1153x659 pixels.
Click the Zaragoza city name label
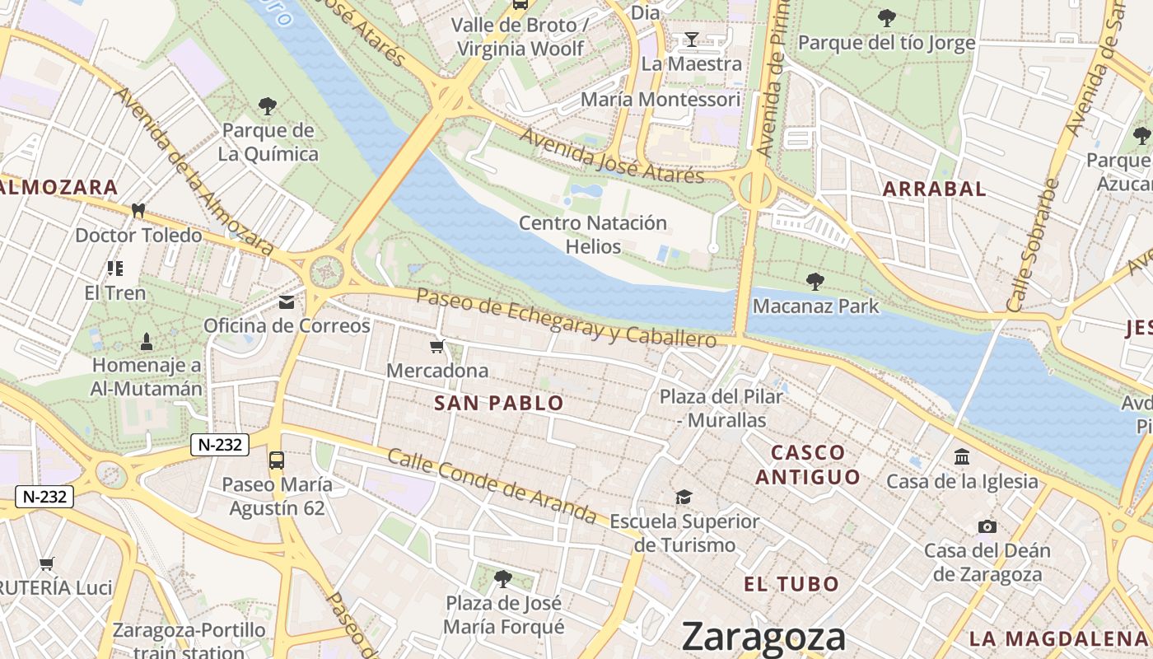[763, 637]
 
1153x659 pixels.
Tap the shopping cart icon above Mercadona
[437, 347]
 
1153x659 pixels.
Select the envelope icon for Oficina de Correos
[287, 302]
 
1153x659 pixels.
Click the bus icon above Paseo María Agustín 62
[277, 460]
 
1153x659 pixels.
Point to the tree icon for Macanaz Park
[815, 282]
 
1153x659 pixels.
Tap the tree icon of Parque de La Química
[268, 105]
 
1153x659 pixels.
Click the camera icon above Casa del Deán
[987, 526]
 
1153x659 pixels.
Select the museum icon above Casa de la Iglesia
[962, 456]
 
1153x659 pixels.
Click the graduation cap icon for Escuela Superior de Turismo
[684, 497]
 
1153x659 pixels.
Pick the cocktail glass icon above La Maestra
[691, 39]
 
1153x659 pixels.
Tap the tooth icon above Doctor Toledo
[138, 211]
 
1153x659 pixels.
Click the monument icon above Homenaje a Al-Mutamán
[147, 340]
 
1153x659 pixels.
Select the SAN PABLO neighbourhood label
[498, 403]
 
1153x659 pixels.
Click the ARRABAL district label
[934, 189]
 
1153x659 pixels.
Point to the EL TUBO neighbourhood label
[791, 584]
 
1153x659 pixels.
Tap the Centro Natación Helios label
[593, 235]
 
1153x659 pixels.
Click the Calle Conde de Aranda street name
[492, 486]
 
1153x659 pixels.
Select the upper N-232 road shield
[220, 445]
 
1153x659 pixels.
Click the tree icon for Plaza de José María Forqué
[503, 578]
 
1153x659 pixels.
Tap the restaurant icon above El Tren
[115, 269]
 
